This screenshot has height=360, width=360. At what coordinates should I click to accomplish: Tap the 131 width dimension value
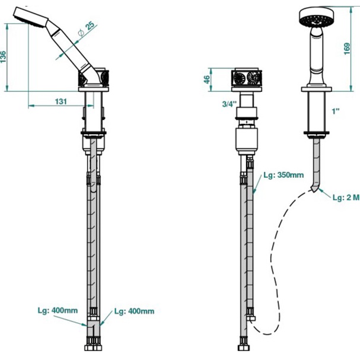click(x=60, y=101)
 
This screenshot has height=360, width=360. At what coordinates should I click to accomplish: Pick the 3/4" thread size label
click(x=228, y=104)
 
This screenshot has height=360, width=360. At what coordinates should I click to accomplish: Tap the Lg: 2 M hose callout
click(x=345, y=197)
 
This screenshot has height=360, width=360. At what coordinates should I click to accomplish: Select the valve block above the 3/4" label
click(x=246, y=78)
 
